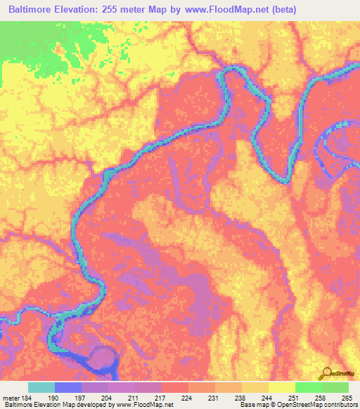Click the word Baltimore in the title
pyautogui.click(x=35, y=10)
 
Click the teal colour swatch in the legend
pyautogui.click(x=41, y=387)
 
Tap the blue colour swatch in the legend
pyautogui.click(x=68, y=387)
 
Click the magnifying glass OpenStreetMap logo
pyautogui.click(x=326, y=373)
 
